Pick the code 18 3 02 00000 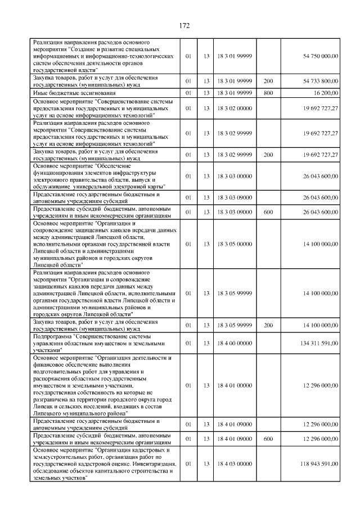coord(234,108)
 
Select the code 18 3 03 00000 coord(234,176)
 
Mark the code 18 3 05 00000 coord(234,244)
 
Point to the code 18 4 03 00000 coord(234,463)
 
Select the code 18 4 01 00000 coord(234,385)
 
